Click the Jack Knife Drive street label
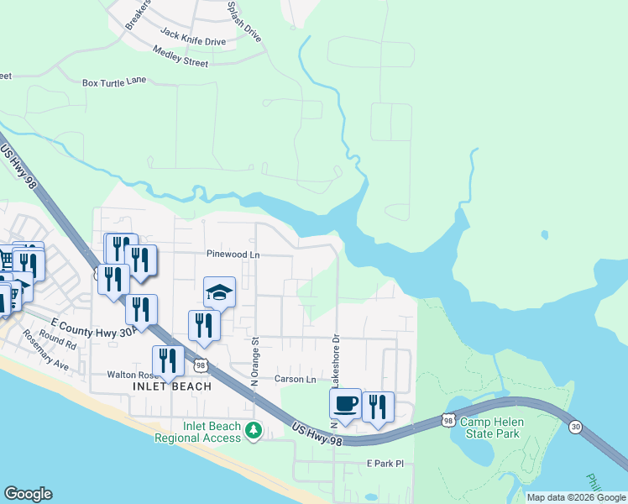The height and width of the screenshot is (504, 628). point(193,38)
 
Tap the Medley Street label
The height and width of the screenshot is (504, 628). point(181,57)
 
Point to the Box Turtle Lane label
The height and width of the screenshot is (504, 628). point(114,82)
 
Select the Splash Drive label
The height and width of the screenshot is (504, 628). point(244,20)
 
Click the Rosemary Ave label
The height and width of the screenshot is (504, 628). point(51,360)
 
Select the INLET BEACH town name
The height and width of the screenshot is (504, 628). point(165,386)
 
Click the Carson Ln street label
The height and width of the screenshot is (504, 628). point(296,379)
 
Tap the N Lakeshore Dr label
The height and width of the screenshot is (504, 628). point(335,358)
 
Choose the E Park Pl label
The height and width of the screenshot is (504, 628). point(385,463)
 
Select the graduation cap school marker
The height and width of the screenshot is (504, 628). point(219,292)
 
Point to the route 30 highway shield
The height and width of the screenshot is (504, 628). point(574,427)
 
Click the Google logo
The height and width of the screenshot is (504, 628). point(28,494)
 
